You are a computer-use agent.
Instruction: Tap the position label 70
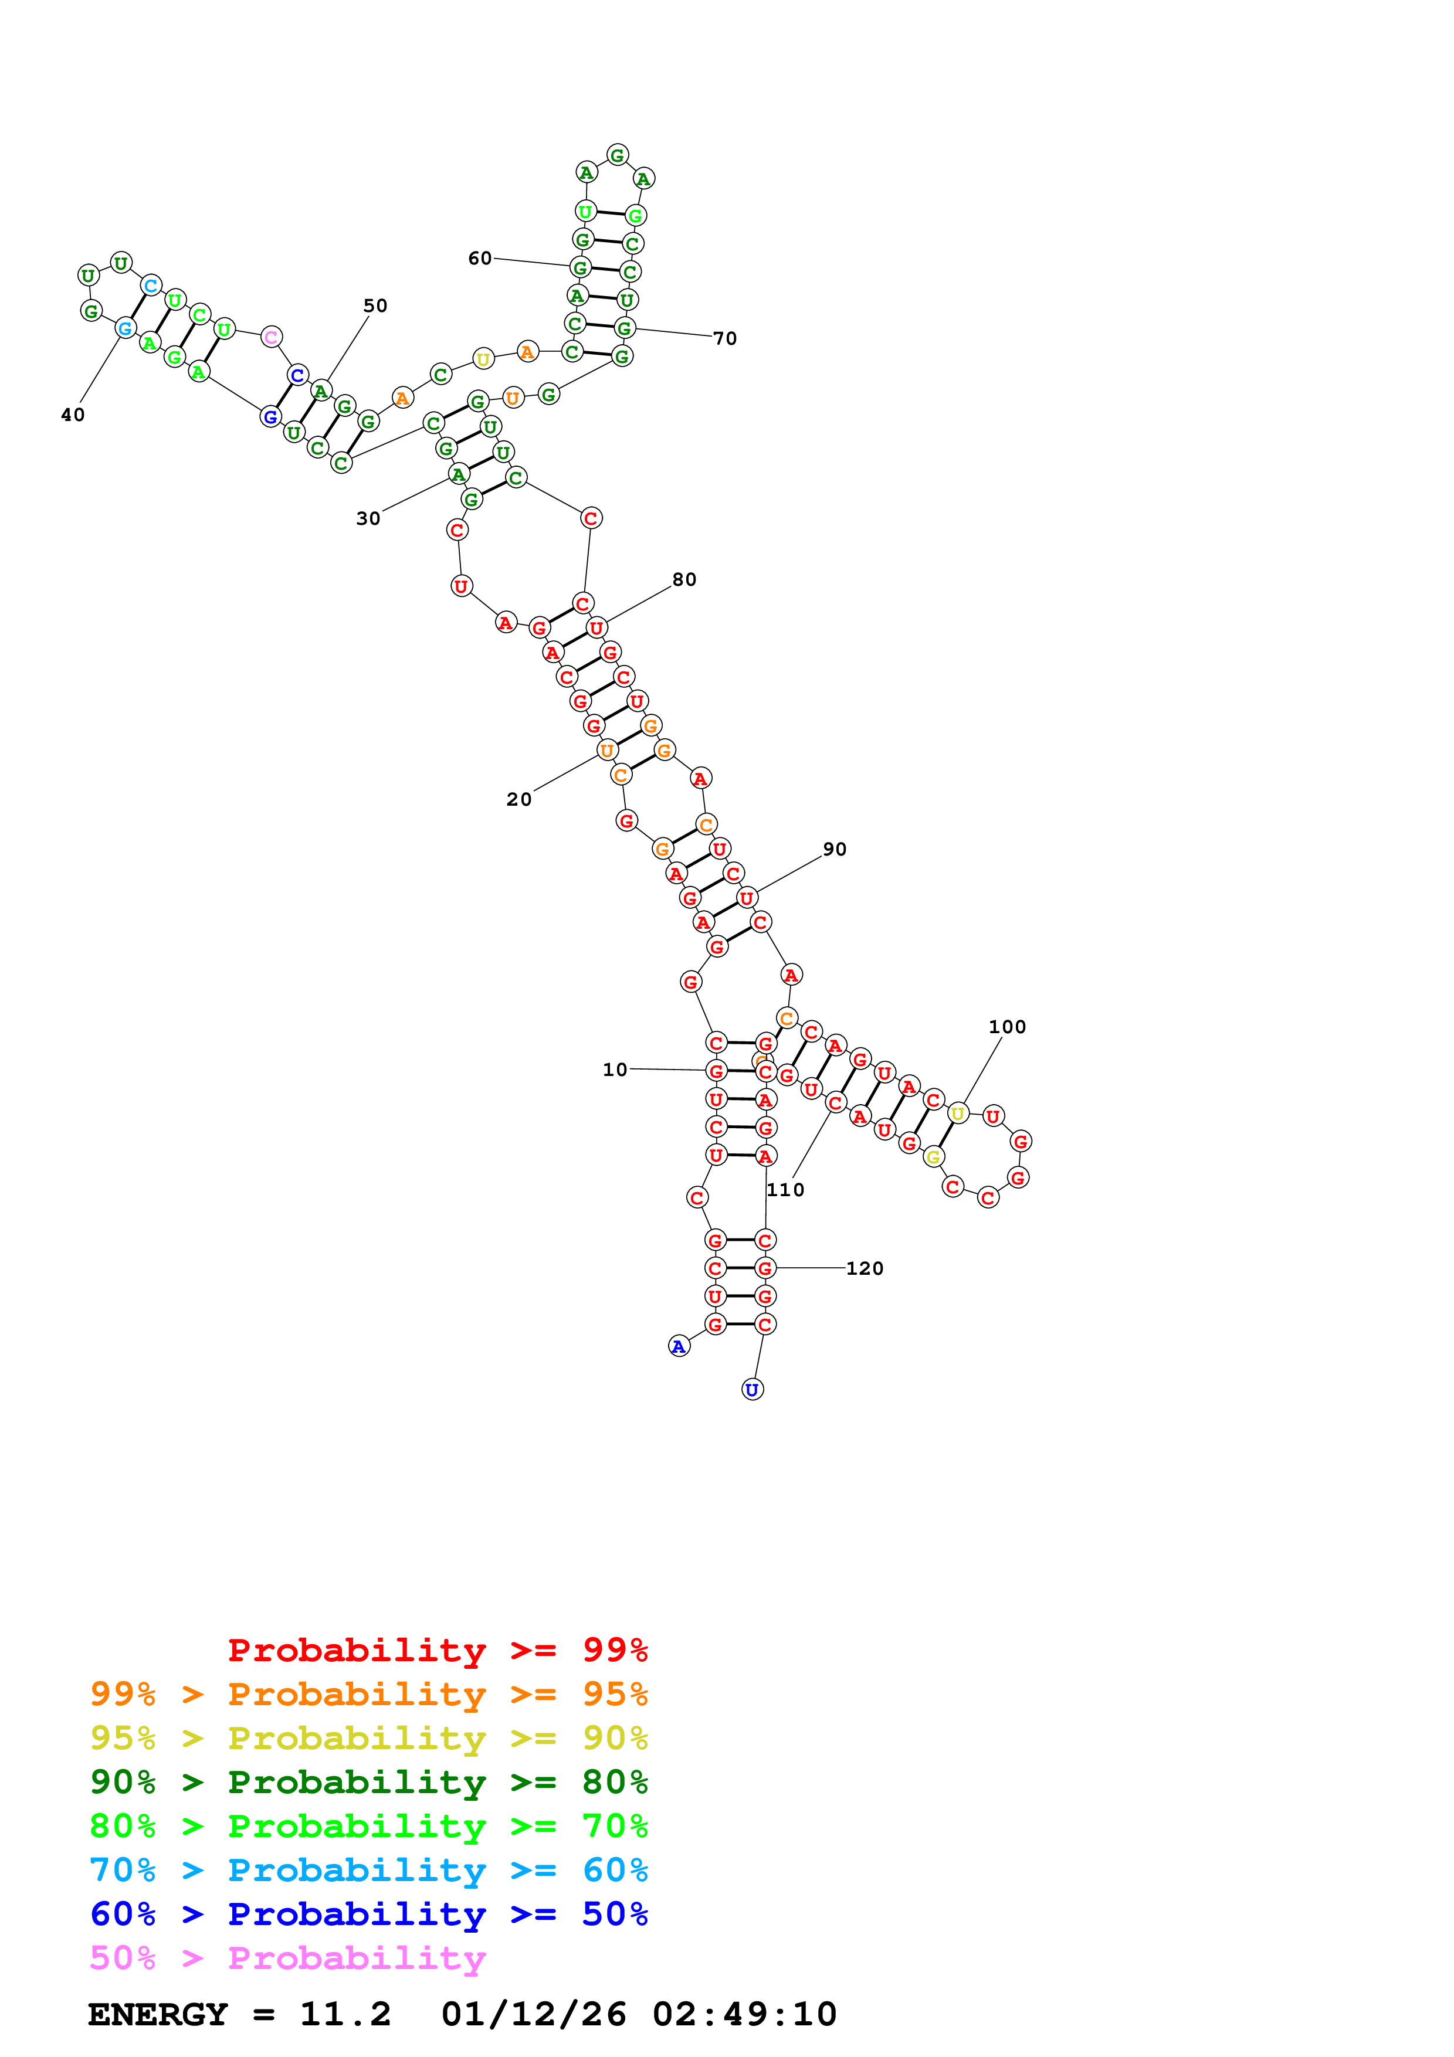tap(725, 339)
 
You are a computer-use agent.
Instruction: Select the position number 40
tap(73, 415)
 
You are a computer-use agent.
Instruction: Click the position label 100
tap(1007, 1027)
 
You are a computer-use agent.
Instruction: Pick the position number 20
tap(518, 799)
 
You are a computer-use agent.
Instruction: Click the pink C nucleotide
tap(270, 337)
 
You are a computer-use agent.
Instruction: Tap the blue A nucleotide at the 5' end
tap(679, 1346)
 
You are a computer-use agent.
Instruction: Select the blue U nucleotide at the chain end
tap(752, 1390)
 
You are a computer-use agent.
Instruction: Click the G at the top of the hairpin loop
tap(617, 155)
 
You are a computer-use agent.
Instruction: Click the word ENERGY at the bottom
tap(158, 2014)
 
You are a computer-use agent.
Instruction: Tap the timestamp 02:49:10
tap(744, 2014)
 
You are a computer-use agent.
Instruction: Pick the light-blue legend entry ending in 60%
tap(368, 1871)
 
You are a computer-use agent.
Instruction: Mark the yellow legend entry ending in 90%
tap(368, 1738)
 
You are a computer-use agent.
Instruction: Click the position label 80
tap(684, 580)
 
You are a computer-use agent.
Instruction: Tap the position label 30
tap(368, 519)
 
